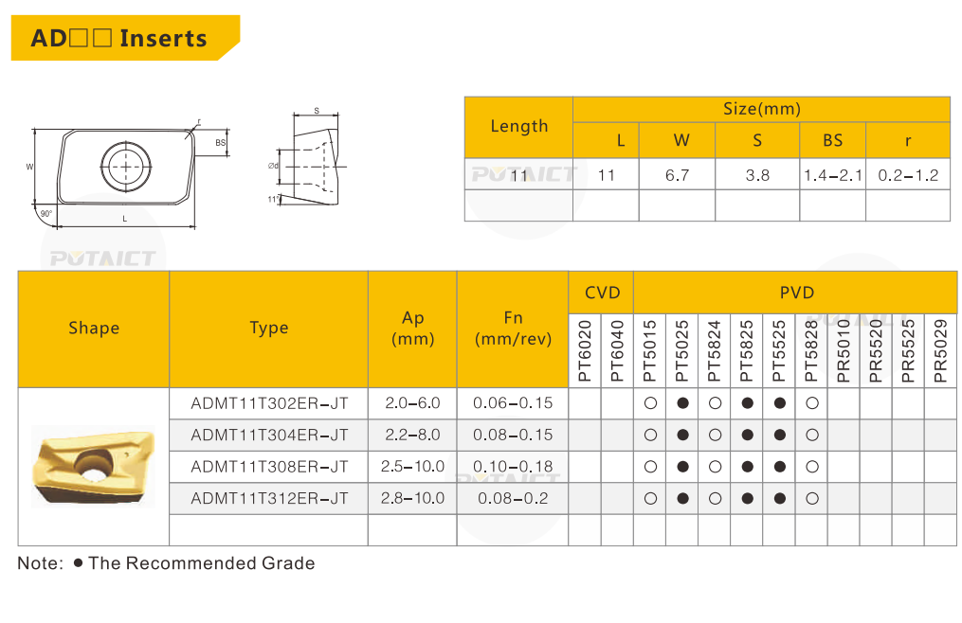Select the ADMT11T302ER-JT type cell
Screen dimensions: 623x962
click(269, 403)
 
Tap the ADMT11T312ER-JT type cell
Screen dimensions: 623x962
click(269, 498)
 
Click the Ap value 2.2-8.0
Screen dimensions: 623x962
click(412, 436)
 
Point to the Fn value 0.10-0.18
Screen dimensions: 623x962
click(513, 467)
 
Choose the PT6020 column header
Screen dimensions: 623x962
click(585, 351)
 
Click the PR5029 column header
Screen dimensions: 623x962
click(940, 351)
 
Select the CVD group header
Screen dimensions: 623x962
click(602, 293)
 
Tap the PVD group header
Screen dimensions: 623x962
click(796, 293)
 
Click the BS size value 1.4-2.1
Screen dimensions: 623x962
click(833, 175)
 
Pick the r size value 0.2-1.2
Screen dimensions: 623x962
click(908, 175)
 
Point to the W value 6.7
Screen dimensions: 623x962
click(678, 175)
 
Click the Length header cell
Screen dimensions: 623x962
click(519, 126)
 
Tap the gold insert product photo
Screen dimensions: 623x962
click(93, 466)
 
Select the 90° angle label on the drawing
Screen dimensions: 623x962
click(45, 214)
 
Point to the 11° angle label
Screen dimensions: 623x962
click(274, 199)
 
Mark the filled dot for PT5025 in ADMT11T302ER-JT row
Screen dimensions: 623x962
click(682, 403)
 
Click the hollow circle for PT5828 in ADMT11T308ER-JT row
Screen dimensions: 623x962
click(812, 467)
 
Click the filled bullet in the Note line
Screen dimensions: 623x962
click(78, 562)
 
